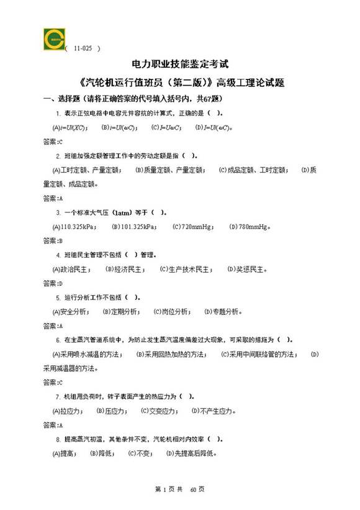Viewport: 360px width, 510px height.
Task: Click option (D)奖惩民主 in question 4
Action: pyautogui.click(x=248, y=270)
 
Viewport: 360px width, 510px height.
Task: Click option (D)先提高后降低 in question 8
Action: pyautogui.click(x=192, y=453)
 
